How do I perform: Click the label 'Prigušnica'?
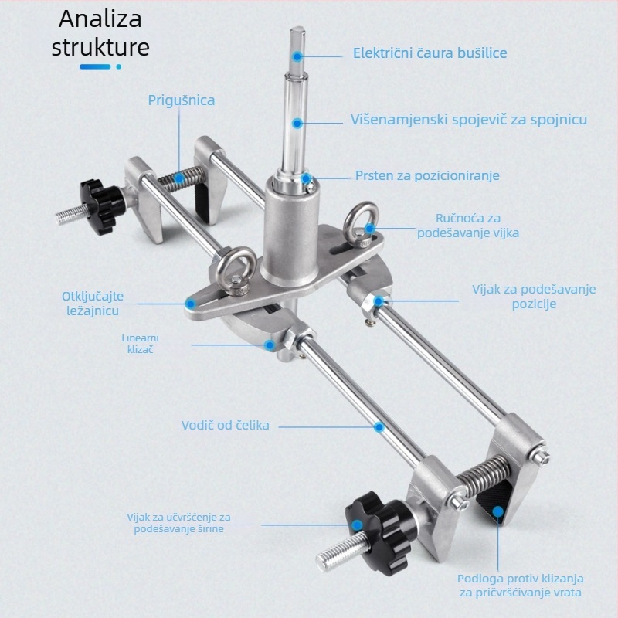point(182,100)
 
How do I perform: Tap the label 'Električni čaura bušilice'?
point(430,53)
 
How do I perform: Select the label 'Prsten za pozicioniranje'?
point(427,175)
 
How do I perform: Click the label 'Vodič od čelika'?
point(226,426)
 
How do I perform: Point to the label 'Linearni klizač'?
point(141,343)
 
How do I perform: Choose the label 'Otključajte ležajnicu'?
point(93,304)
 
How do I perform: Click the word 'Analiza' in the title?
point(100,19)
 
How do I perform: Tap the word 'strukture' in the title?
point(100,47)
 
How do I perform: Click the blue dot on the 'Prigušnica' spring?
point(179,178)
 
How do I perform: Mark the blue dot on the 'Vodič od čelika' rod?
point(379,427)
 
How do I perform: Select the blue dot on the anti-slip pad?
point(498,511)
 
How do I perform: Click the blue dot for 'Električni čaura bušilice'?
point(297,56)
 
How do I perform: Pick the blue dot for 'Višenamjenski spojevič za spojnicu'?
point(297,123)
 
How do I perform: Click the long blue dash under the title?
point(95,66)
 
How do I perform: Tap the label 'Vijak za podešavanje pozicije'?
point(534,297)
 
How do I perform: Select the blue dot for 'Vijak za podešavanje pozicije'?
point(379,301)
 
